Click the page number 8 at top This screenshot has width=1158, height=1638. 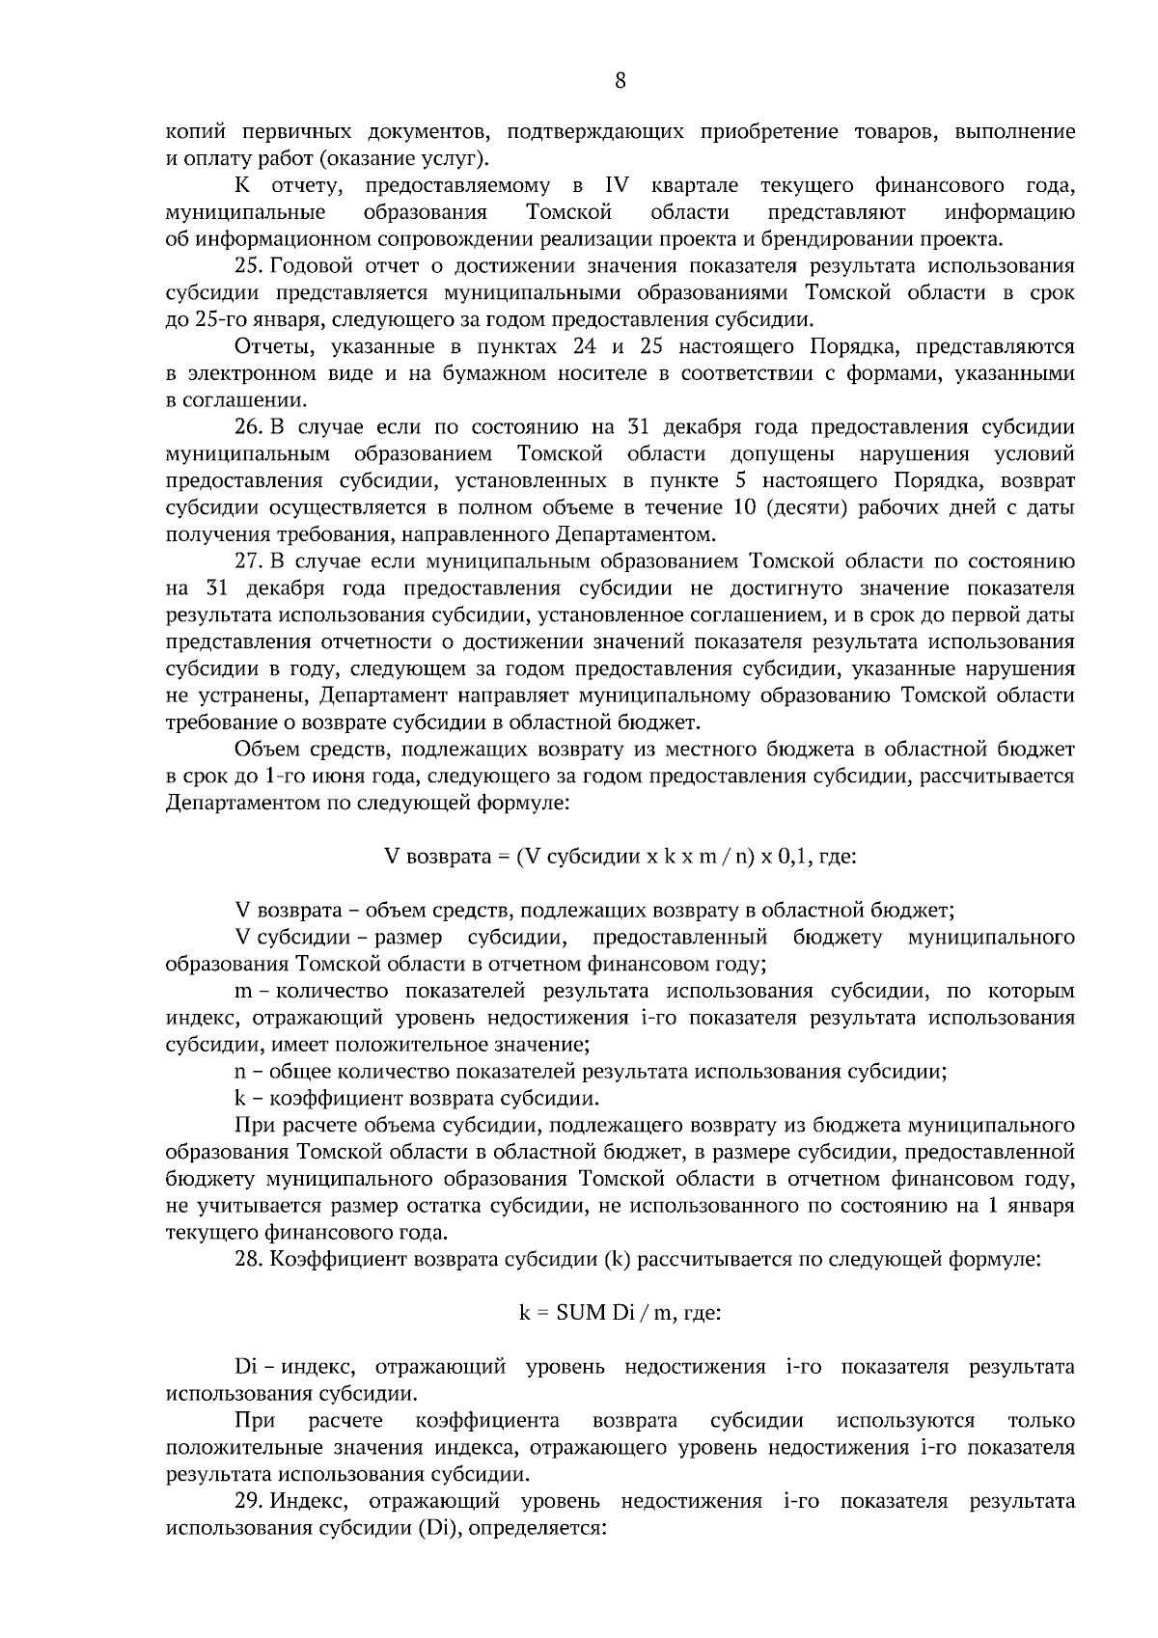tap(620, 82)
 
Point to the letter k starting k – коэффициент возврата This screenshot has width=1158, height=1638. tap(240, 1098)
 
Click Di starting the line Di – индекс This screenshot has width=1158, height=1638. tap(244, 1367)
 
